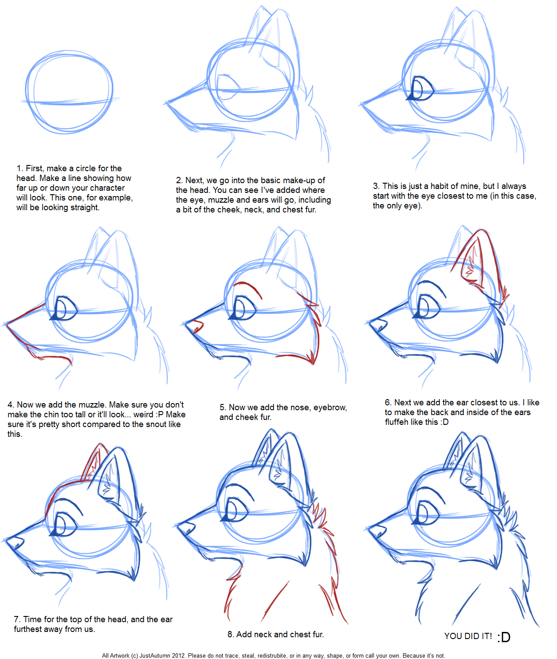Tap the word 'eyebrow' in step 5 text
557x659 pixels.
tap(329, 408)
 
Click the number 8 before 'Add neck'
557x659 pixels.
tap(230, 635)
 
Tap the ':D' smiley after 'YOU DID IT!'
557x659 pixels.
tap(503, 637)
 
